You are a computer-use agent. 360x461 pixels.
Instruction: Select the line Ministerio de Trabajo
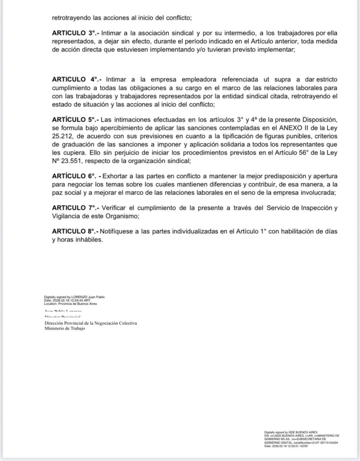pyautogui.click(x=65, y=328)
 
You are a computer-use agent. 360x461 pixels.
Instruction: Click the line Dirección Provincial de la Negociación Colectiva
pyautogui.click(x=91, y=323)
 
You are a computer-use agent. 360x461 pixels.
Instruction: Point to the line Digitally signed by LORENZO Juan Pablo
pyautogui.click(x=74, y=297)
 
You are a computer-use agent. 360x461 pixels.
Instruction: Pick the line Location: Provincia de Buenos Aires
pyautogui.click(x=71, y=304)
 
